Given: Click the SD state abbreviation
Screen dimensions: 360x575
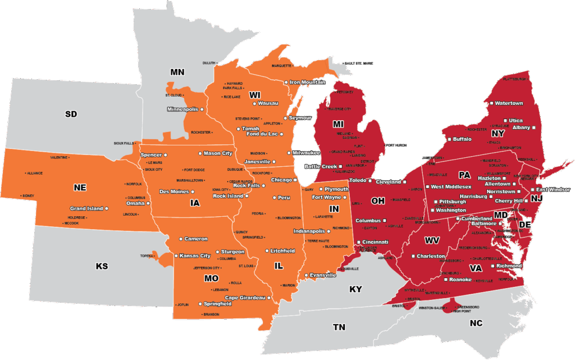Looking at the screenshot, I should click(x=71, y=114).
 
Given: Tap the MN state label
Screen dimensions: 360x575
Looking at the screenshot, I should click(x=177, y=72).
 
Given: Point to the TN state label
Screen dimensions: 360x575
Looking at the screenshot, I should click(x=339, y=327).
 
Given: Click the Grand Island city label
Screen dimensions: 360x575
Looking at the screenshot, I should click(x=86, y=208).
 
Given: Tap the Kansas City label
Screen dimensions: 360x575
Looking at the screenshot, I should click(x=195, y=256).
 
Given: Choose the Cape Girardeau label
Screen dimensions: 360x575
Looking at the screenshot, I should click(x=245, y=298).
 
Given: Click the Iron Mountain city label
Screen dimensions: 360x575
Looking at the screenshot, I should click(x=307, y=82).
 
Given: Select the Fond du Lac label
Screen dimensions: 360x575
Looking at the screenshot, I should click(x=261, y=134).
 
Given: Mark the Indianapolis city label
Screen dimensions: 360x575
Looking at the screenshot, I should click(x=309, y=231).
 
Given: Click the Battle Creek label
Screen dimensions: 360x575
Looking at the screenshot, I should click(x=321, y=166).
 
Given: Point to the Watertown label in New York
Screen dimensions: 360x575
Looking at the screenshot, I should click(x=509, y=103).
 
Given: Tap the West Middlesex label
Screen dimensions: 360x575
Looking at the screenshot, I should click(x=451, y=186).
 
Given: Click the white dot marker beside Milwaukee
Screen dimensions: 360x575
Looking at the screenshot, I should click(x=289, y=153).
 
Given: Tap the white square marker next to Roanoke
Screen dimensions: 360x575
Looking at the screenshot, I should click(x=445, y=279).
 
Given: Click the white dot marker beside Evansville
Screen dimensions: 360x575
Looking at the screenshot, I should click(x=307, y=275).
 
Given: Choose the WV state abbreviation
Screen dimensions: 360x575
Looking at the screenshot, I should click(x=432, y=240).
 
